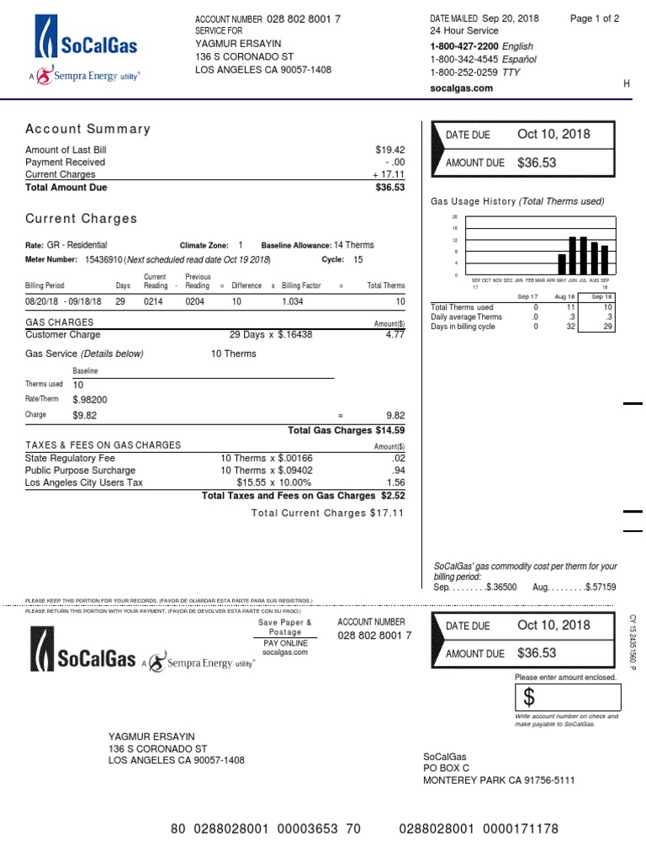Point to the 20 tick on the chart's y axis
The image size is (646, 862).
(x=455, y=217)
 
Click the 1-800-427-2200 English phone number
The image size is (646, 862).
(x=463, y=46)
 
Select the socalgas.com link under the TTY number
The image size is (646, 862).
(x=461, y=88)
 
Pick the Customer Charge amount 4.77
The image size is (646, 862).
(x=394, y=335)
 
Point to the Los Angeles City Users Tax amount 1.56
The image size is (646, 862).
(x=394, y=483)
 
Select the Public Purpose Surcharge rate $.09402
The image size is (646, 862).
(x=291, y=471)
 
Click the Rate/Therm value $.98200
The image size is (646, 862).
(x=90, y=400)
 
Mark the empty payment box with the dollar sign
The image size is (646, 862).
(x=568, y=697)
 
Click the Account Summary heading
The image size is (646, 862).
(x=87, y=129)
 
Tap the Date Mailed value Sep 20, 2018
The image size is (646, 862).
(x=510, y=19)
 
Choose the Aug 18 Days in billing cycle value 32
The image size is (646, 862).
(x=570, y=327)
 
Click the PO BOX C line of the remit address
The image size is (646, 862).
(x=446, y=769)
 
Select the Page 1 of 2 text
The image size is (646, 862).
(x=594, y=19)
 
